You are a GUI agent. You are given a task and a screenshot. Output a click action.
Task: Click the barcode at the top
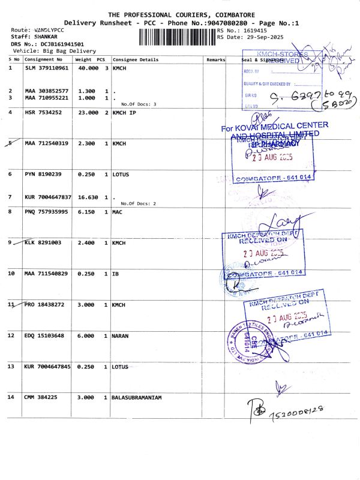click(x=177, y=37)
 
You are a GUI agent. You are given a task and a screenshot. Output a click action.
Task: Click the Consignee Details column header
click(x=136, y=60)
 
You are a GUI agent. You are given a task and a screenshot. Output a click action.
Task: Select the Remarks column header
click(x=215, y=60)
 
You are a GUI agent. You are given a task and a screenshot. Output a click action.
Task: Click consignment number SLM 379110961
click(x=47, y=68)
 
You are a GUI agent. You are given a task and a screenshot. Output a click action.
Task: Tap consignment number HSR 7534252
click(x=43, y=113)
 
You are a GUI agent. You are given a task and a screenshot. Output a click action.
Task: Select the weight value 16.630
click(x=87, y=197)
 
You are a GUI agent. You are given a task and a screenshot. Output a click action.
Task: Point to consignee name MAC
click(x=118, y=212)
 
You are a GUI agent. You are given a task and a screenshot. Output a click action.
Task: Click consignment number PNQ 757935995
click(x=47, y=212)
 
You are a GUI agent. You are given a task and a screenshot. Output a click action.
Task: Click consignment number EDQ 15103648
click(x=45, y=335)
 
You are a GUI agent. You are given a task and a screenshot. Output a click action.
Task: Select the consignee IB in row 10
click(x=116, y=274)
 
